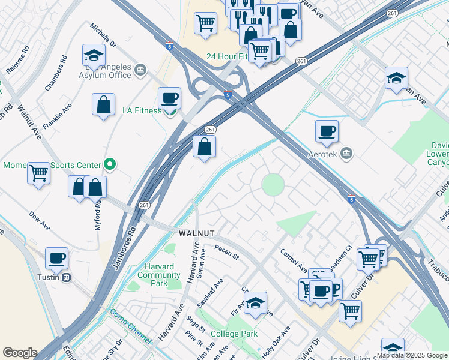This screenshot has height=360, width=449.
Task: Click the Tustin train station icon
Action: pos(67,277)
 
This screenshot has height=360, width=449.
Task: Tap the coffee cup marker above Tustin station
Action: pos(56,259)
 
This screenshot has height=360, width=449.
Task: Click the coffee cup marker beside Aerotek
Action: pos(327,131)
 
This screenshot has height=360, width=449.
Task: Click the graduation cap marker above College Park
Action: pos(255,303)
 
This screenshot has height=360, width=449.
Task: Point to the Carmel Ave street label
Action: pos(295,260)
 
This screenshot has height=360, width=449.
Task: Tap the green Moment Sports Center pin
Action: pos(109,164)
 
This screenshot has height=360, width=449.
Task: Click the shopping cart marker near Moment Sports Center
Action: pos(39,173)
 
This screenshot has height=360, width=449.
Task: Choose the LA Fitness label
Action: pos(142,110)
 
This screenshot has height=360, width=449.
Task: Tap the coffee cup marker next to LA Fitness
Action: pos(169,98)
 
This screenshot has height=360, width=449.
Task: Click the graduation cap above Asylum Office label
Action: pos(93,56)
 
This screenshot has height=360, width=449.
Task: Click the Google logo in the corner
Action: pos(20,353)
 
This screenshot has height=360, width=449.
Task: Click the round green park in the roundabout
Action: pos(273,184)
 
